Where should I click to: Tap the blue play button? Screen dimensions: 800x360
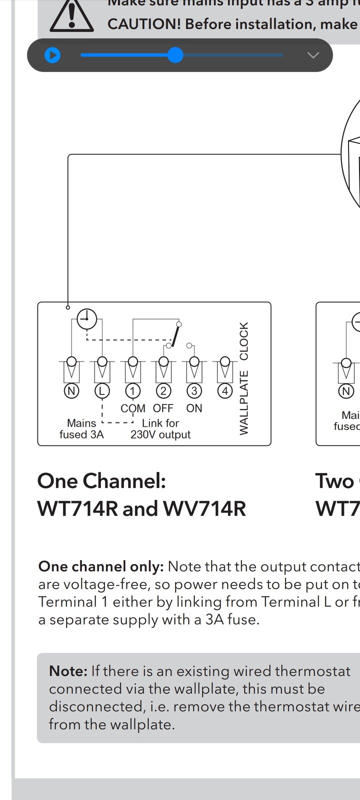point(52,55)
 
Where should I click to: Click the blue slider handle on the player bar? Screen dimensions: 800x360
point(175,55)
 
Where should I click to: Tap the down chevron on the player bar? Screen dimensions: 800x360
point(313,55)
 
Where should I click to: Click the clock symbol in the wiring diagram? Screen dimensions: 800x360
point(87,318)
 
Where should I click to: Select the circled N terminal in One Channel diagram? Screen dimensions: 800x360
point(71,391)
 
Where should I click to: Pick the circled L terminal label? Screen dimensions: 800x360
point(102,391)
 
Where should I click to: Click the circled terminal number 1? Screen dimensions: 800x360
point(133,391)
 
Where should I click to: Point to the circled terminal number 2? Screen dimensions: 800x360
point(163,391)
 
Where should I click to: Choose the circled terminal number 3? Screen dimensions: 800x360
point(194,391)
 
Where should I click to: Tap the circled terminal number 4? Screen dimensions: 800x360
point(225,391)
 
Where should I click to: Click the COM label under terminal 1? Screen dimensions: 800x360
point(133,408)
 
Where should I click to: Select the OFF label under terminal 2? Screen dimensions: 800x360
point(163,408)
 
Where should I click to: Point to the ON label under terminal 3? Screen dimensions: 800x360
point(194,408)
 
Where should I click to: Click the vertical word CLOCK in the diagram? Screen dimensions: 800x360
point(244,341)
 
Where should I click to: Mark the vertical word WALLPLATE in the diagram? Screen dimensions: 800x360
point(244,403)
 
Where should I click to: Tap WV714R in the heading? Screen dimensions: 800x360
point(204,509)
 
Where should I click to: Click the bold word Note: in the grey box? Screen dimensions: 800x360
point(68,671)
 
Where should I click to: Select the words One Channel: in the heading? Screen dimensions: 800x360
point(101,481)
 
